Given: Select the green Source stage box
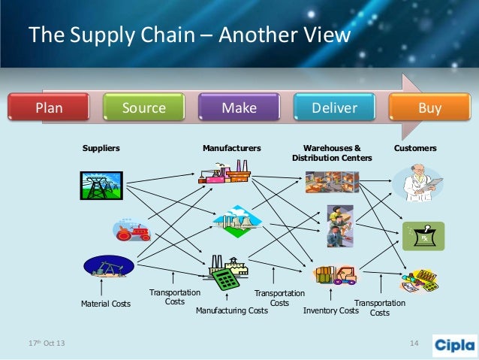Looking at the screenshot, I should pyautogui.click(x=144, y=108).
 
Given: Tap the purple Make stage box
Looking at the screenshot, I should pyautogui.click(x=239, y=108).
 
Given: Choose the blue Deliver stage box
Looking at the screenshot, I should pyautogui.click(x=334, y=108).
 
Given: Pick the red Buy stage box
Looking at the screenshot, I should pyautogui.click(x=429, y=108).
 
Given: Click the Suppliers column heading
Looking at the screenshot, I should pyautogui.click(x=101, y=149).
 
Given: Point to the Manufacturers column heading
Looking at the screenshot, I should pyautogui.click(x=232, y=149).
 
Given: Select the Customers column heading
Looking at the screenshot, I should pyautogui.click(x=415, y=149).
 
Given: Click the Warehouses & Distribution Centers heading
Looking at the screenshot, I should pyautogui.click(x=332, y=153).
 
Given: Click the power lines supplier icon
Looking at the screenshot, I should pyautogui.click(x=101, y=185).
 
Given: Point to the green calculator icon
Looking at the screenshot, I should pyautogui.click(x=224, y=280).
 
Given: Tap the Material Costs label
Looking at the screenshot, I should pyautogui.click(x=106, y=304).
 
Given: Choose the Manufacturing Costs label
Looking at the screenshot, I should pyautogui.click(x=232, y=310).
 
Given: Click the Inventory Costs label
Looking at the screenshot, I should pyautogui.click(x=331, y=310).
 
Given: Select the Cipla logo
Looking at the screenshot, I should pyautogui.click(x=454, y=344).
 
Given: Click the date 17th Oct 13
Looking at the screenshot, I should pyautogui.click(x=47, y=344).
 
